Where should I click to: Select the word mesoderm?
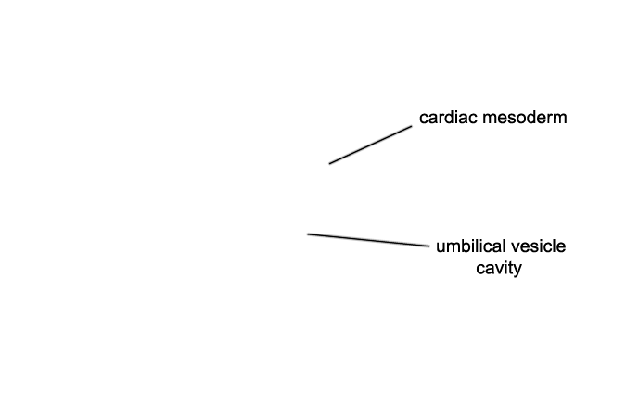tap(525, 118)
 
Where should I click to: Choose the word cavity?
tap(499, 268)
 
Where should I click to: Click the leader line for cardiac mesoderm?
tap(370, 145)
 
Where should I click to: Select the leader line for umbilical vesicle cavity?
tap(368, 240)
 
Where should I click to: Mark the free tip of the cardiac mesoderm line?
tap(329, 164)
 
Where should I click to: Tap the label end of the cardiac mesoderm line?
tap(412, 126)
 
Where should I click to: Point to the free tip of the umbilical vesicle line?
tap(307, 234)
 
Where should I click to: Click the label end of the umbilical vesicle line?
tap(429, 246)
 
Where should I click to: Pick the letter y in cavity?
tap(517, 271)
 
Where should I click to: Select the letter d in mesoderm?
tap(529, 118)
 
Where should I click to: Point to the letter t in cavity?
tap(510, 268)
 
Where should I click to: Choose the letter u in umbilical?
tap(441, 248)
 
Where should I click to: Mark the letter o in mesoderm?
tap(519, 120)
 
